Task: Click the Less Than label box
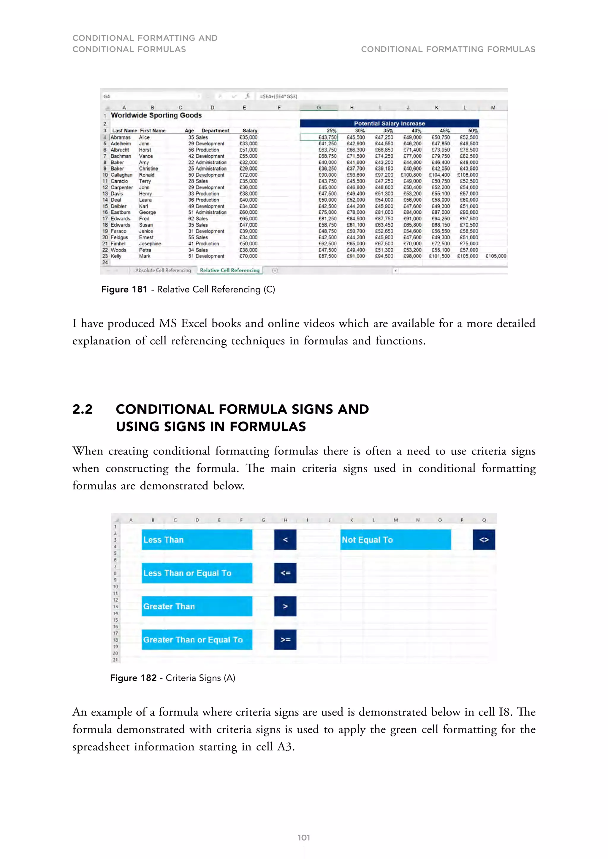click(197, 540)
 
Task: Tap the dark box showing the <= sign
click(285, 573)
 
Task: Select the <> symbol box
click(484, 540)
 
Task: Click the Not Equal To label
click(395, 540)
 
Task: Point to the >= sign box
click(285, 640)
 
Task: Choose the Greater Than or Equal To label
click(197, 640)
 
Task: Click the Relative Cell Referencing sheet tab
click(229, 270)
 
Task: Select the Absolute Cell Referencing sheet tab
click(163, 270)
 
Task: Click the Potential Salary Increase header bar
click(389, 123)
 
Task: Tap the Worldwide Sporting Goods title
click(156, 115)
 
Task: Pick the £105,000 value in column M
click(496, 256)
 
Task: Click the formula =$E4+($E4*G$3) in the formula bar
click(278, 96)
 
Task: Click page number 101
click(304, 838)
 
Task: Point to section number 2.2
click(82, 409)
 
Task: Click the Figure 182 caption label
click(133, 678)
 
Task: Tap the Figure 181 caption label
click(124, 289)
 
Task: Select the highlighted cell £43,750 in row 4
click(327, 137)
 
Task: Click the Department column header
click(215, 131)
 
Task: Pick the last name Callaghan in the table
click(121, 175)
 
